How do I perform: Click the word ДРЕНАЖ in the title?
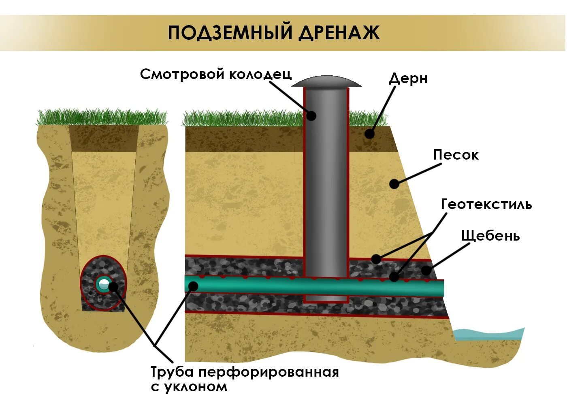(x=339, y=33)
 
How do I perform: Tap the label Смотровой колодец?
(x=215, y=74)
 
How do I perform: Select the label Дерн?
(x=408, y=79)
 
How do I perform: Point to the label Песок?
(x=456, y=155)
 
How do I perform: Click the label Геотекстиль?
(x=486, y=204)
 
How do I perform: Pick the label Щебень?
(x=490, y=236)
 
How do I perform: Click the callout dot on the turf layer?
(x=369, y=134)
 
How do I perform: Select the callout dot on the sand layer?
(x=394, y=184)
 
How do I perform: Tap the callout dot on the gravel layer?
(x=426, y=271)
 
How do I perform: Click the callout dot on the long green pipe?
(x=193, y=286)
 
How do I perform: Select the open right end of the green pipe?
(x=442, y=288)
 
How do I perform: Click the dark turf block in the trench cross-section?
(x=104, y=139)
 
